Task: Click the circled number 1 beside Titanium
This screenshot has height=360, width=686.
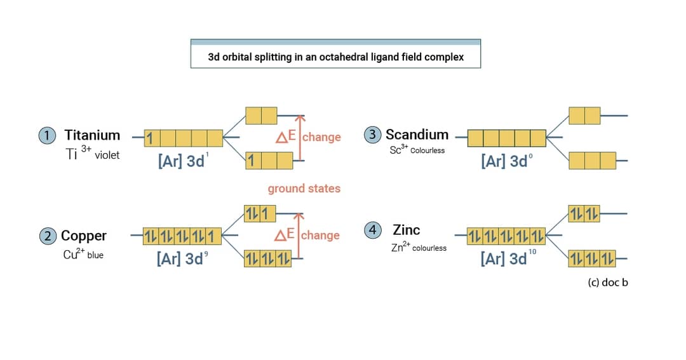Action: [x=48, y=135]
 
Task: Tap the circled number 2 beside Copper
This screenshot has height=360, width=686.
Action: [x=48, y=236]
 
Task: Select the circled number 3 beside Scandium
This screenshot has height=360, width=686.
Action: [x=373, y=135]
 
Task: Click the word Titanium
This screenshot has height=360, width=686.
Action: [x=92, y=135]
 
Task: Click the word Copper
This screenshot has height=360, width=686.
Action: [x=84, y=236]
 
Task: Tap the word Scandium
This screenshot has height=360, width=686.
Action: [x=417, y=135]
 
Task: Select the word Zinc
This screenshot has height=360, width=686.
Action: [x=406, y=230]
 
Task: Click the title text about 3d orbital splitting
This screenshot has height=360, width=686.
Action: [x=335, y=57]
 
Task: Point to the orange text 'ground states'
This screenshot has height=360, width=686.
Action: [x=304, y=189]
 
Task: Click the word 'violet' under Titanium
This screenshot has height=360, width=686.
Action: [x=107, y=155]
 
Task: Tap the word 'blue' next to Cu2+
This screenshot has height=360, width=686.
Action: [x=95, y=256]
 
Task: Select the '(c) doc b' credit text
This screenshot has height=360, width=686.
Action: [x=608, y=283]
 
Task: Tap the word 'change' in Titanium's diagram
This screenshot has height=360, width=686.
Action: [x=321, y=137]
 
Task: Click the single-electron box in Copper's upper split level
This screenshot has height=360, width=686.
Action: [x=267, y=213]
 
